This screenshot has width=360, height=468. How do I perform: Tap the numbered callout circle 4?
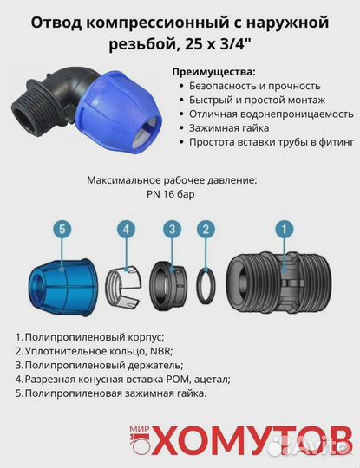[x=127, y=230]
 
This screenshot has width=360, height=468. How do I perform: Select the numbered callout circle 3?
[x=173, y=230]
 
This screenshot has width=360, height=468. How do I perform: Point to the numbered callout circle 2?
[x=206, y=230]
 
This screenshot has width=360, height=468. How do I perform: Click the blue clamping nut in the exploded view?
[x=60, y=282]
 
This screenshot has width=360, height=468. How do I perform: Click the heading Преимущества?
[x=213, y=70]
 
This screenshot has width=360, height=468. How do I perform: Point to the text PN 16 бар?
[x=172, y=194]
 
